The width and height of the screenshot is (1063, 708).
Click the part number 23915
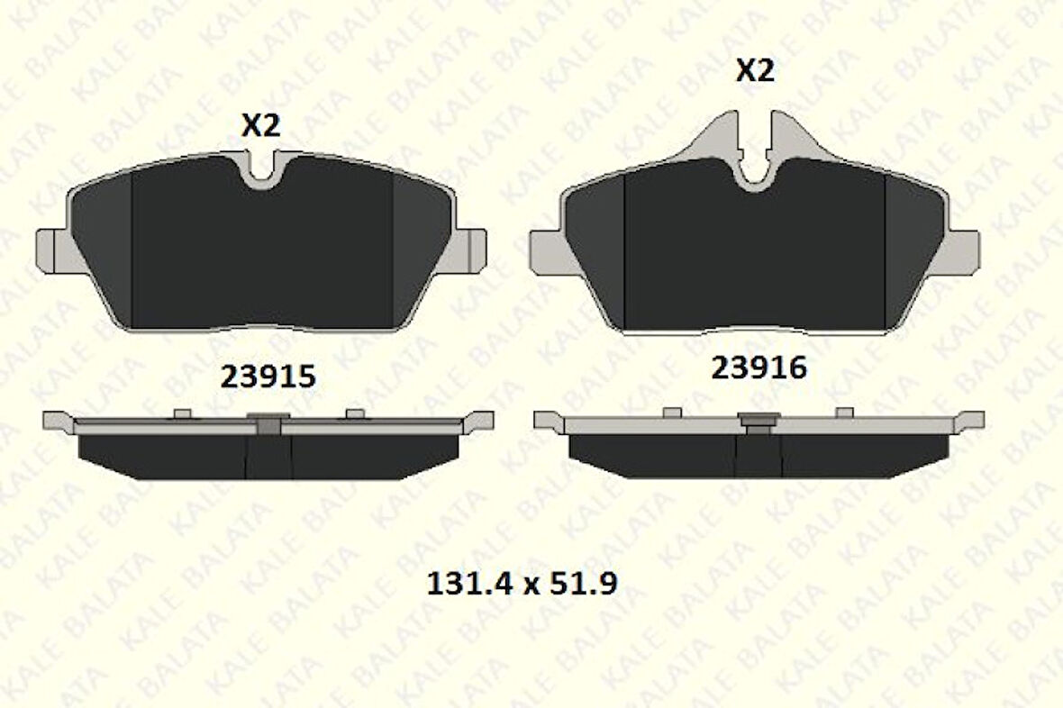point(268,377)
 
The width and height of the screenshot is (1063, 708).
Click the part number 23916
point(759,368)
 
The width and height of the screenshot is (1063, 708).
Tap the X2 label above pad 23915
point(260,126)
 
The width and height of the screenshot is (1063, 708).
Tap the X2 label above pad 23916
point(755,70)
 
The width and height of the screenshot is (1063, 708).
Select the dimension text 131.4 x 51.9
point(521,584)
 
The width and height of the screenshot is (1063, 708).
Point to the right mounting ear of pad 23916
point(962,250)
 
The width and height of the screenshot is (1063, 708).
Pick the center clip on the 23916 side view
point(759,421)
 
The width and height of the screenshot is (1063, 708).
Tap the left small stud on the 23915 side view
point(183,413)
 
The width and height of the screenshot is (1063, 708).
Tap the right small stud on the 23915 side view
point(356,413)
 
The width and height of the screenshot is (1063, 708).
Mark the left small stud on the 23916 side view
point(672,413)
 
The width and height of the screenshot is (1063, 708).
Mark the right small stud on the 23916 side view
point(844,413)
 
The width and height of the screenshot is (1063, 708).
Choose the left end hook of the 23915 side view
point(58,420)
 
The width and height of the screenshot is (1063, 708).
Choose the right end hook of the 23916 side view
point(970,420)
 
